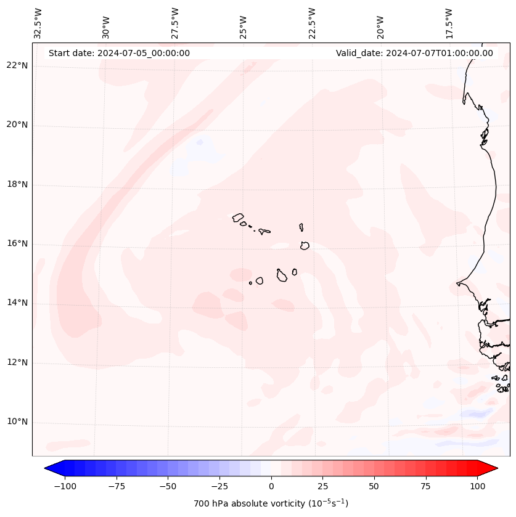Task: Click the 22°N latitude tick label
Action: click(x=17, y=66)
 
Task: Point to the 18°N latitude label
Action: click(x=17, y=184)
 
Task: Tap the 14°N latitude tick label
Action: click(x=17, y=303)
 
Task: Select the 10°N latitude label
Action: click(x=17, y=421)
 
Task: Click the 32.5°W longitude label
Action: click(x=38, y=23)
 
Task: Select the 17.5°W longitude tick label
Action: click(x=449, y=23)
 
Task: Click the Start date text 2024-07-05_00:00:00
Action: click(x=119, y=53)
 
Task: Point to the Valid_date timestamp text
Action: click(x=414, y=53)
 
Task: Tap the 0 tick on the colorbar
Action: click(x=271, y=486)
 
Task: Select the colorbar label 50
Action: click(x=374, y=486)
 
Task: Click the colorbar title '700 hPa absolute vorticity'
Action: click(x=271, y=503)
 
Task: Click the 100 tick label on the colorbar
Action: click(x=478, y=486)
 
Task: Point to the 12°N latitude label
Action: click(x=17, y=362)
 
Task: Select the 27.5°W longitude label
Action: click(x=175, y=23)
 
